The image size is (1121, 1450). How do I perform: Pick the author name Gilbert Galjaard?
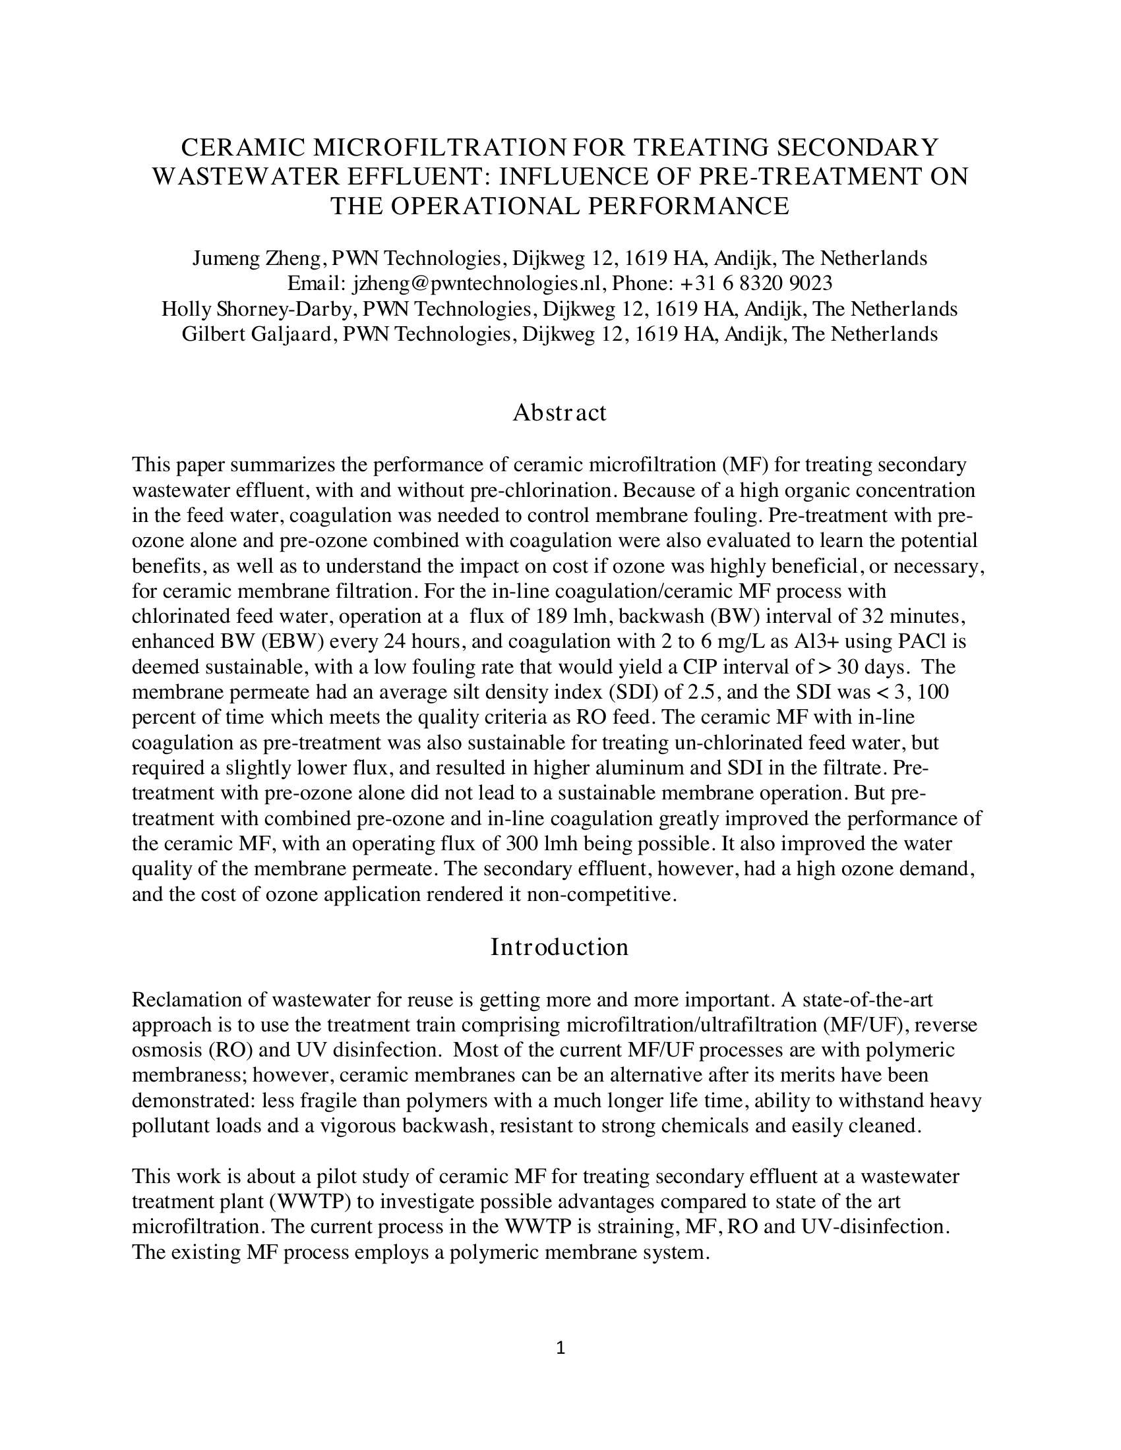[257, 334]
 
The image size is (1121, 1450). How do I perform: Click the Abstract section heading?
[559, 413]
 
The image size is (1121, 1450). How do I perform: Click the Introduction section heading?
[559, 947]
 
